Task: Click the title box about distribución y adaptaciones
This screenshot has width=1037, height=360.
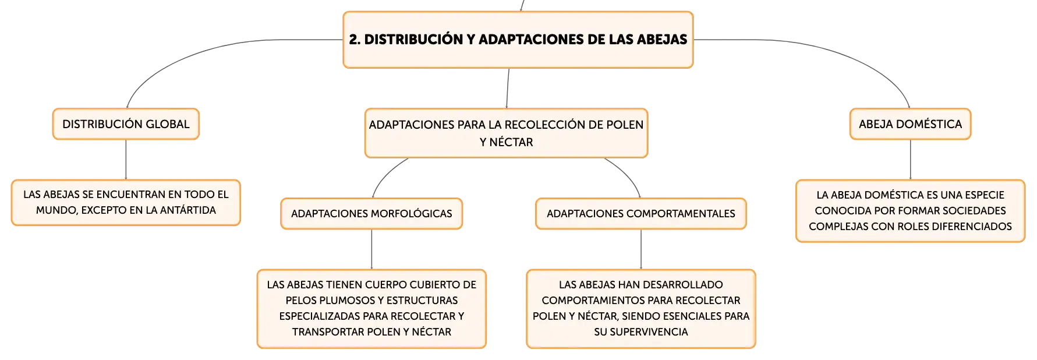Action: click(x=518, y=40)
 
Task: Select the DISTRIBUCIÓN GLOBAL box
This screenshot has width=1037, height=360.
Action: click(x=126, y=124)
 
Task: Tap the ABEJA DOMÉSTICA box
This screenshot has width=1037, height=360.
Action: click(x=910, y=124)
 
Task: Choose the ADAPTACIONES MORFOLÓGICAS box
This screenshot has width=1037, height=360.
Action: click(x=371, y=214)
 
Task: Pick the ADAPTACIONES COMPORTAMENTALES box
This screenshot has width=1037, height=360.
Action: click(x=641, y=214)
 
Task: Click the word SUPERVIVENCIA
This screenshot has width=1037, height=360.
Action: click(x=641, y=332)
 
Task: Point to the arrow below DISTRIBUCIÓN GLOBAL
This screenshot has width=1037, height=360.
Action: click(x=126, y=160)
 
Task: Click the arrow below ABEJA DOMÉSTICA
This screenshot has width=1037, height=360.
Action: click(x=911, y=160)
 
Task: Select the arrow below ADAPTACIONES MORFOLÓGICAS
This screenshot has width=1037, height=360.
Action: click(x=371, y=249)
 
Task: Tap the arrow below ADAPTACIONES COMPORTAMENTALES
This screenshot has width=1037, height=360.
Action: click(x=641, y=249)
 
